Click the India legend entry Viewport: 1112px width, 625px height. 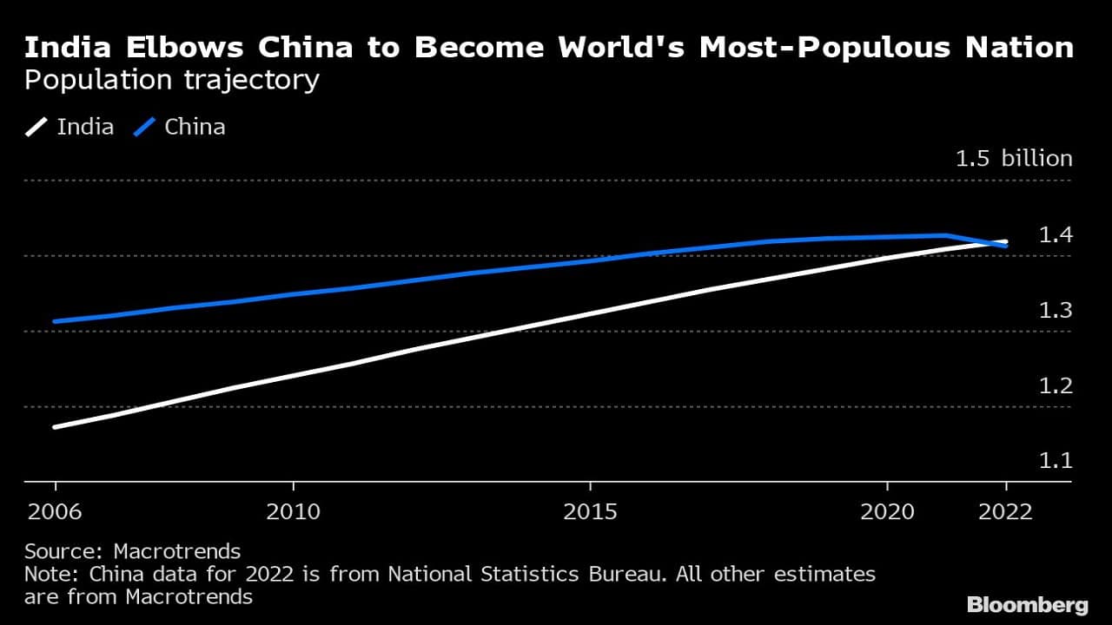pyautogui.click(x=69, y=127)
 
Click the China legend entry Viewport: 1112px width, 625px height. pyautogui.click(x=181, y=127)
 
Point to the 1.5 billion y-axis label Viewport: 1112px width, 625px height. pyautogui.click(x=1014, y=159)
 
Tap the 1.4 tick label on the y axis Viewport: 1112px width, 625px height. pyautogui.click(x=1056, y=235)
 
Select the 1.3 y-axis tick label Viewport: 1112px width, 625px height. pyautogui.click(x=1056, y=311)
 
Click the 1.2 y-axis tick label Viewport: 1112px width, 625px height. pyautogui.click(x=1056, y=386)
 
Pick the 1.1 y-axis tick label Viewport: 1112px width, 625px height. pyautogui.click(x=1056, y=461)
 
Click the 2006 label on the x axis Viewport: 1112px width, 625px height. pyautogui.click(x=56, y=512)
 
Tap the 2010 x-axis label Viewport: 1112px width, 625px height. pyautogui.click(x=294, y=512)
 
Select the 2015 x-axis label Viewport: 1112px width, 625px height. pyautogui.click(x=591, y=512)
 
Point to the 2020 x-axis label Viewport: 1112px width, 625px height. pyautogui.click(x=887, y=512)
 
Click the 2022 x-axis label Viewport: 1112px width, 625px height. pyautogui.click(x=1006, y=512)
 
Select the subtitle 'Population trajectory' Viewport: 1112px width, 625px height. pyautogui.click(x=172, y=81)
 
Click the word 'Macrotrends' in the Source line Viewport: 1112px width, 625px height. pyautogui.click(x=177, y=551)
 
